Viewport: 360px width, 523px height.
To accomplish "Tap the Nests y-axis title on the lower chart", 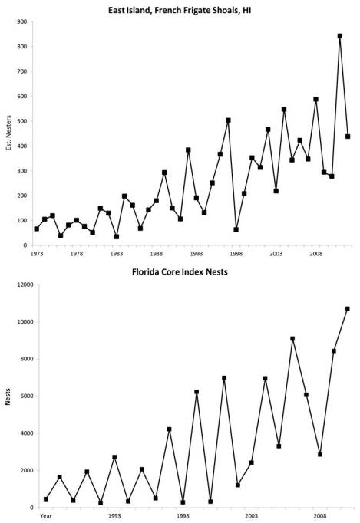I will (9, 396).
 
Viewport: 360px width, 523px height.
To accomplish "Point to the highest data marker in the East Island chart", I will (339, 36).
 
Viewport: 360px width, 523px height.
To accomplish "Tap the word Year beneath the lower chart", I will (47, 516).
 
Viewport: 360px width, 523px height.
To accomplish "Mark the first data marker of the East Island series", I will (37, 229).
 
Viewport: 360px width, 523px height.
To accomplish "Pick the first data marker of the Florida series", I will (46, 499).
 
